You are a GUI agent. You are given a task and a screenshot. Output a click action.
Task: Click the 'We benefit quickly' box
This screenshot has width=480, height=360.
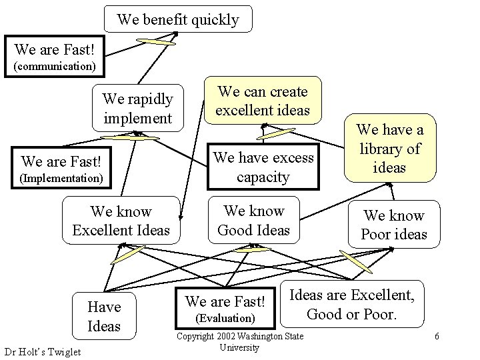(178, 19)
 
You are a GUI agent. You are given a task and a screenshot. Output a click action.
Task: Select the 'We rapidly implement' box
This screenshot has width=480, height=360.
(137, 108)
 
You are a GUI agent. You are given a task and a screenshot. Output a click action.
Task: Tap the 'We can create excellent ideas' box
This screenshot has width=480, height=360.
(263, 101)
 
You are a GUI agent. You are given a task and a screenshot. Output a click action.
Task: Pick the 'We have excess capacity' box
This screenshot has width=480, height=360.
(263, 167)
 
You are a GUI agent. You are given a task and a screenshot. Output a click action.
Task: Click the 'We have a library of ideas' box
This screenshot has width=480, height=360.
(390, 148)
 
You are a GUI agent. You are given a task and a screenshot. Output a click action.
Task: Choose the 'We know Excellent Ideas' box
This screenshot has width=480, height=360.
(121, 221)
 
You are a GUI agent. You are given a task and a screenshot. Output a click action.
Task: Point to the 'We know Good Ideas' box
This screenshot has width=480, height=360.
(254, 220)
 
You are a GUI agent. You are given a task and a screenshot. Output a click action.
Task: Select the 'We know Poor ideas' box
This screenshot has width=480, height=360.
(393, 225)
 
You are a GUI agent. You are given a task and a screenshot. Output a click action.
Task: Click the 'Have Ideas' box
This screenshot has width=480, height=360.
(104, 316)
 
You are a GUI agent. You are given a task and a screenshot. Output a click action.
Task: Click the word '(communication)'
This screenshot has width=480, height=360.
(55, 67)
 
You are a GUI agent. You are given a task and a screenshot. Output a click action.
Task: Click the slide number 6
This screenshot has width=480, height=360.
(437, 336)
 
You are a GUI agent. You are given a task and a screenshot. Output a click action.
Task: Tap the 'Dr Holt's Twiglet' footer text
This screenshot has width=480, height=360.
(42, 351)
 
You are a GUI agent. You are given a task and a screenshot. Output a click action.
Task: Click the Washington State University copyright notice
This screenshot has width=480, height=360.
(239, 342)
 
